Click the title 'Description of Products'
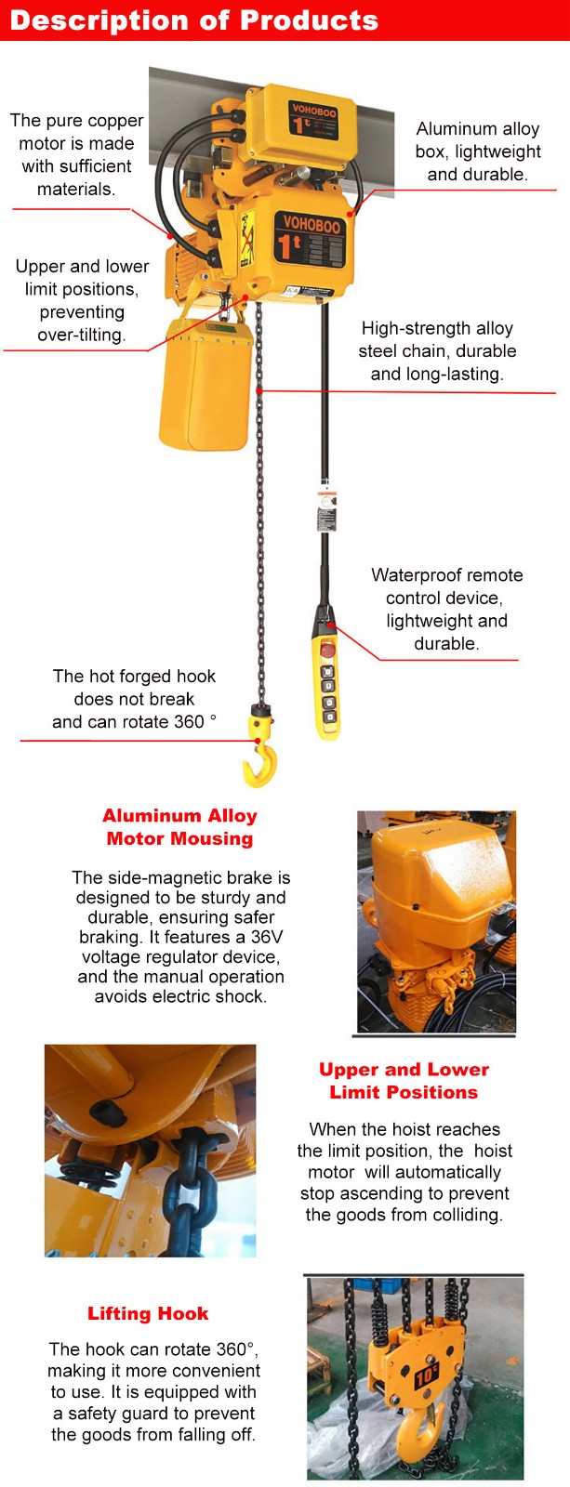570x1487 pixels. (x=194, y=20)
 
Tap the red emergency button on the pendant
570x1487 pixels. (x=326, y=650)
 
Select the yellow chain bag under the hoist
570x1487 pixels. (x=205, y=383)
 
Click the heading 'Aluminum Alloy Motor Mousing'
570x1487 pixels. (x=179, y=827)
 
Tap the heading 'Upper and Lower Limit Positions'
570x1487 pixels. (x=404, y=1081)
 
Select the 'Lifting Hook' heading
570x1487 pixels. (x=148, y=1313)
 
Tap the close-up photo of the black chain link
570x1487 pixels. (x=150, y=1151)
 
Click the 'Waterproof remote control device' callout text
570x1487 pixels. (x=446, y=609)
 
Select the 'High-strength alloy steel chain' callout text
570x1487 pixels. (x=437, y=351)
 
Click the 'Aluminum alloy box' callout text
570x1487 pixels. (x=478, y=151)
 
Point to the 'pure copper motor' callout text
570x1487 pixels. (x=76, y=154)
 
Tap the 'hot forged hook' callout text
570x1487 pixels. (x=134, y=699)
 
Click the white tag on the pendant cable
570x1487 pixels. (x=325, y=507)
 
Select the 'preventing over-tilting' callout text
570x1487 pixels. (x=82, y=323)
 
